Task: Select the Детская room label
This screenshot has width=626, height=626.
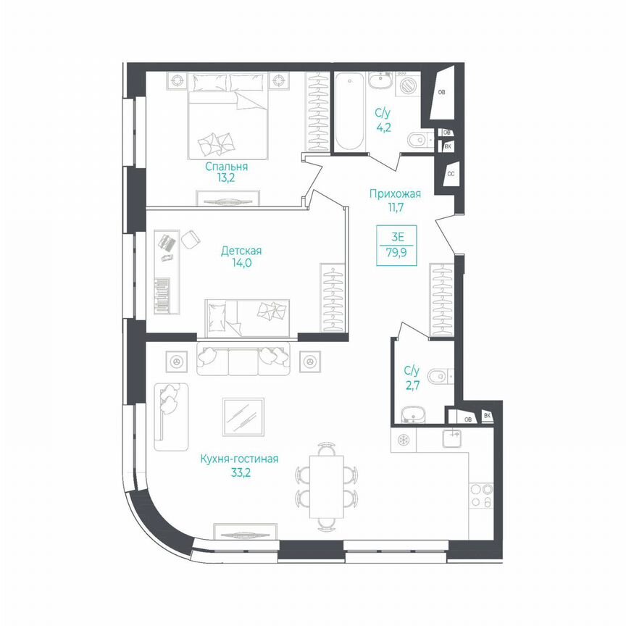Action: pyautogui.click(x=241, y=251)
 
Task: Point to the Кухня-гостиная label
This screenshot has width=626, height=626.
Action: pyautogui.click(x=240, y=459)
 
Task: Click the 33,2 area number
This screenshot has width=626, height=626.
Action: pyautogui.click(x=240, y=472)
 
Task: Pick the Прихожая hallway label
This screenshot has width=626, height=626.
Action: pyautogui.click(x=395, y=193)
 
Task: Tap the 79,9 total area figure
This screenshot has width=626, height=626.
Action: pyautogui.click(x=396, y=254)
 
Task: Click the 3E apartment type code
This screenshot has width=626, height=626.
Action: pyautogui.click(x=396, y=236)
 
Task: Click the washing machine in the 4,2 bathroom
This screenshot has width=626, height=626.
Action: pyautogui.click(x=409, y=85)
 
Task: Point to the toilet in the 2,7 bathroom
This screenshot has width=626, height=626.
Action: pyautogui.click(x=440, y=375)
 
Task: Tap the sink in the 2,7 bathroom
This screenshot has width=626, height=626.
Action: pyautogui.click(x=413, y=414)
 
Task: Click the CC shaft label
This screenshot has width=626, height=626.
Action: pyautogui.click(x=451, y=175)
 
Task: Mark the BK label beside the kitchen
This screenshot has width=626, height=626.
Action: pyautogui.click(x=488, y=416)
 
